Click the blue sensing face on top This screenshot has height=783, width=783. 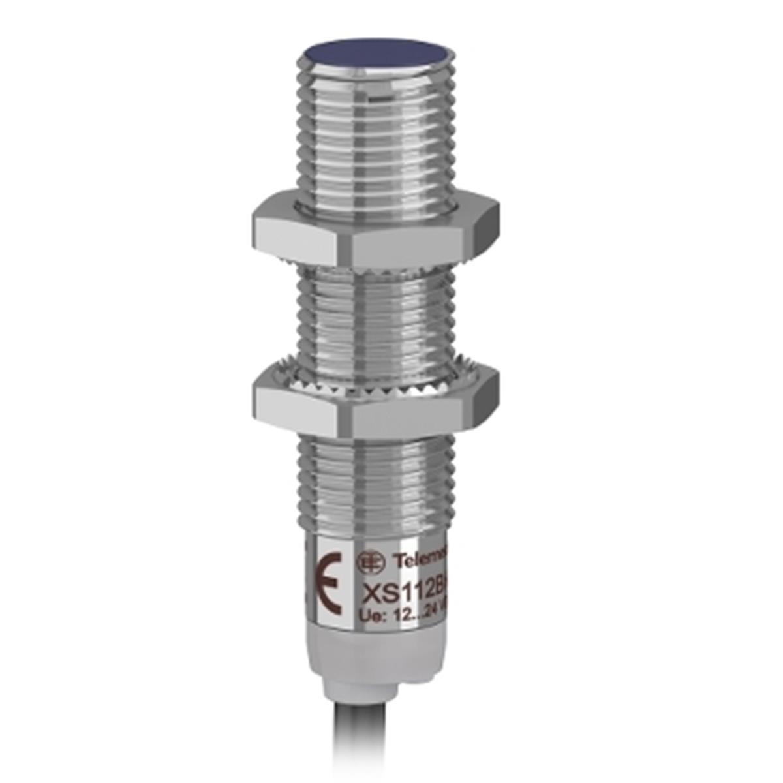click(376, 53)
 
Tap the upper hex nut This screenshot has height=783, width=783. click(375, 232)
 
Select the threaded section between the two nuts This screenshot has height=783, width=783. click(375, 320)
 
